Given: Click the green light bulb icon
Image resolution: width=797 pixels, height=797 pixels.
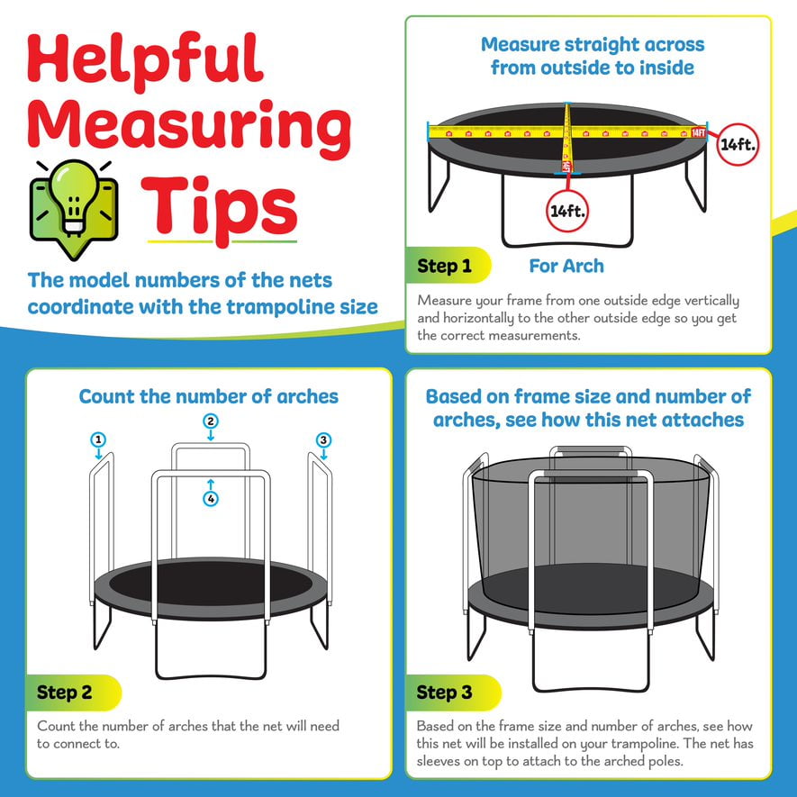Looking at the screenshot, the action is click(x=74, y=208).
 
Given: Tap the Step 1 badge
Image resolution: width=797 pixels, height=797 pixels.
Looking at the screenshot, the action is click(x=448, y=266).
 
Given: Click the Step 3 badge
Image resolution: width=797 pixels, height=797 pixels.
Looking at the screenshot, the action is click(x=453, y=693).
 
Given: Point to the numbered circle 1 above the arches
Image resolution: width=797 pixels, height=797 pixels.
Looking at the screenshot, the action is click(x=98, y=439).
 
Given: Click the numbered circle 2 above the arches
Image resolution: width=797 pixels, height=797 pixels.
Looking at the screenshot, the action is click(x=211, y=421).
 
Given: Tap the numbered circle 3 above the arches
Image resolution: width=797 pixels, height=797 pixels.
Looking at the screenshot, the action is click(x=324, y=439).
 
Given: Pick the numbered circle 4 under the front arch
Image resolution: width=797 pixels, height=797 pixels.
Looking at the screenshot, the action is click(x=211, y=499).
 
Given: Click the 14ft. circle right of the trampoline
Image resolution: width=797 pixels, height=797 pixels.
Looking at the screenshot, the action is click(x=738, y=144).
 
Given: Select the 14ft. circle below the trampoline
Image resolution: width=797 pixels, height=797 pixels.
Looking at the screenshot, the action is click(x=567, y=211).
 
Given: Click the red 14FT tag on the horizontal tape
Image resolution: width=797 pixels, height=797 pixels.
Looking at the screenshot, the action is click(x=699, y=132).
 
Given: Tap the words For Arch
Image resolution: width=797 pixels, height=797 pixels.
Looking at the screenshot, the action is click(x=566, y=266).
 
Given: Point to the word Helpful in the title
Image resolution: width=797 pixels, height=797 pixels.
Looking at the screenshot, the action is click(x=145, y=59).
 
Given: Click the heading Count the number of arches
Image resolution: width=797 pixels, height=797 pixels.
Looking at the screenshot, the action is click(x=208, y=396).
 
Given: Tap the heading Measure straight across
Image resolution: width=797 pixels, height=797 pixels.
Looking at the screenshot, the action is click(x=593, y=45).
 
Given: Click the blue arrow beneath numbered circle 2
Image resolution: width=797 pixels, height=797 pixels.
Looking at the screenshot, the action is click(x=211, y=435).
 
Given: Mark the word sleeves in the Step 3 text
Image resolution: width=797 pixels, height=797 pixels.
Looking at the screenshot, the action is click(x=440, y=761).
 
